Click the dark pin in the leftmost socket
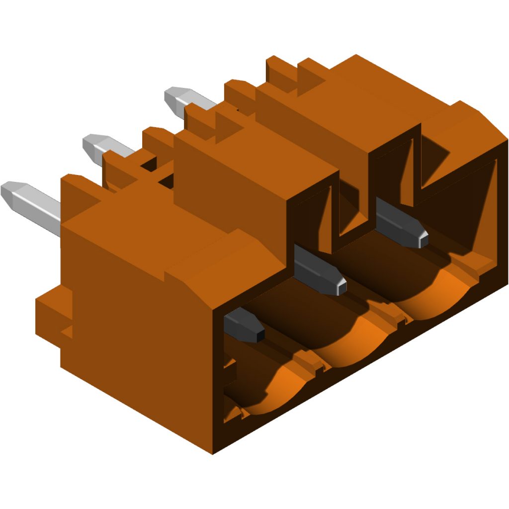click(x=243, y=325)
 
